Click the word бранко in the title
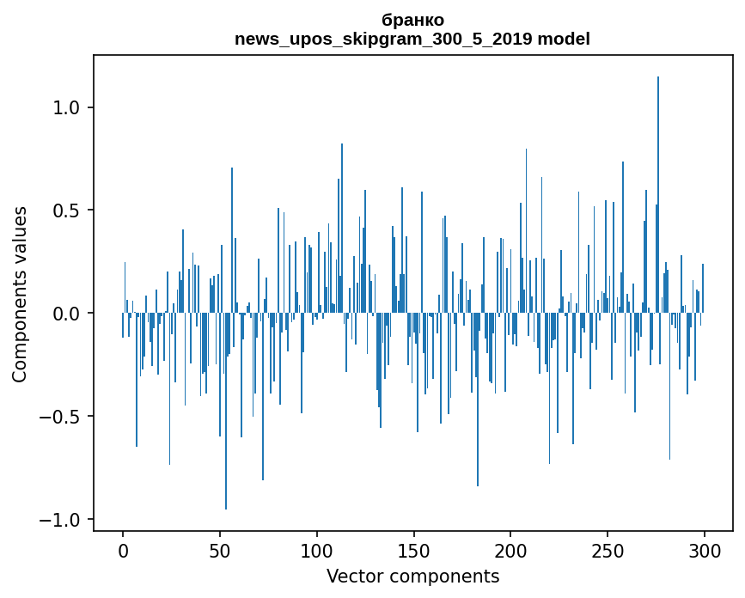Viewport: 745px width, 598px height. click(412, 20)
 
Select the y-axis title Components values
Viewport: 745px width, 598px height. click(20, 294)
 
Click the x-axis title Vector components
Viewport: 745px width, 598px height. click(412, 576)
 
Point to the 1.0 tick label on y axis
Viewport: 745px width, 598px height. click(69, 108)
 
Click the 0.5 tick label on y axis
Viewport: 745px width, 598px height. click(69, 211)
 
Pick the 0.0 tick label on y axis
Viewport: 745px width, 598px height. click(69, 314)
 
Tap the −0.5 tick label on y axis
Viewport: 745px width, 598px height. click(63, 418)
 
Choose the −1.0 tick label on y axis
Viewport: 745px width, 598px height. click(63, 521)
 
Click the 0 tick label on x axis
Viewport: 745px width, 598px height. click(123, 550)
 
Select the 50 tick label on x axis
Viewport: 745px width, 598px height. click(220, 550)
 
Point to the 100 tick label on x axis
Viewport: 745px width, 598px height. click(317, 550)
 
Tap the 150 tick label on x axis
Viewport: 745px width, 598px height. click(413, 550)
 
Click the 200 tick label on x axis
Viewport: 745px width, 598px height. click(510, 550)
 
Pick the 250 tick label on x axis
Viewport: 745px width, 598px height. click(608, 550)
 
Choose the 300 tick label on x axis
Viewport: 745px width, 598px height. click(705, 550)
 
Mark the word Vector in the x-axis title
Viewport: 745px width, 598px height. click(352, 576)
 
